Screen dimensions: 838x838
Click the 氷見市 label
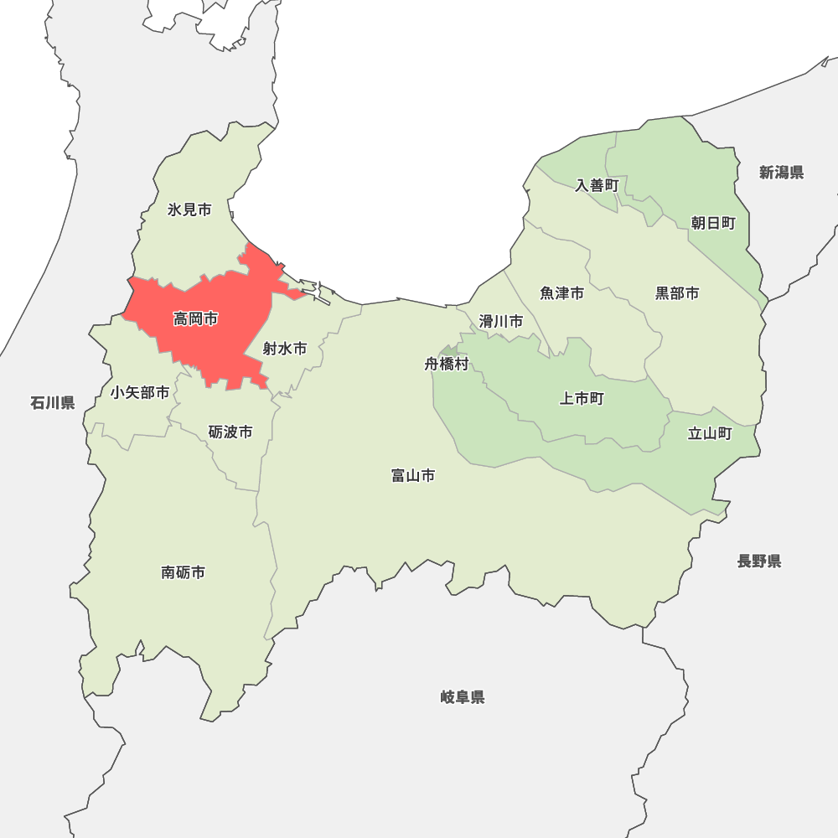[189, 209]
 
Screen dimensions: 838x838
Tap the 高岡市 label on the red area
[195, 319]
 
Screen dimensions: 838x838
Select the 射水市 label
[285, 349]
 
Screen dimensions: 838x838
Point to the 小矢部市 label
[140, 392]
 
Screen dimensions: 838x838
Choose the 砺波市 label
[230, 432]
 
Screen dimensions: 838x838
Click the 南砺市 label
[183, 573]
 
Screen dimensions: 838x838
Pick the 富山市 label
[413, 476]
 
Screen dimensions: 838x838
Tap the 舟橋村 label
[447, 365]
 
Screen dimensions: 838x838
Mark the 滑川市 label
[501, 321]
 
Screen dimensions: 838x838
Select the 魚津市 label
[562, 293]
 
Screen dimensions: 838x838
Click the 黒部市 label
[677, 293]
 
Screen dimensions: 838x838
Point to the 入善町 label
[597, 185]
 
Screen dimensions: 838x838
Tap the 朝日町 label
[713, 223]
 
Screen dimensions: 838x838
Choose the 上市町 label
[582, 399]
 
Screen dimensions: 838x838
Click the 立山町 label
[710, 433]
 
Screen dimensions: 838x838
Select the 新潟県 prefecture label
[782, 173]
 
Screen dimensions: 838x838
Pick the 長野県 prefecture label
[759, 561]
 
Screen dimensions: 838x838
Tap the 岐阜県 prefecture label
[463, 697]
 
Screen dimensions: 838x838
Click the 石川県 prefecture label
[53, 403]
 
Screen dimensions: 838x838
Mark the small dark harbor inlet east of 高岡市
[319, 295]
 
